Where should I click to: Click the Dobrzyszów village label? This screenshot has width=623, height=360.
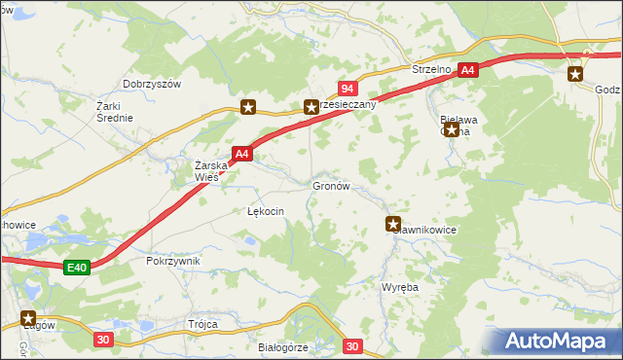click(x=153, y=85)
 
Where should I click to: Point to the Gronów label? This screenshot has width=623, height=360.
click(x=330, y=185)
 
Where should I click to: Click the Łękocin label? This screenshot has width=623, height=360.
click(x=265, y=210)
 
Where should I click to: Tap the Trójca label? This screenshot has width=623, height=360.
click(x=203, y=324)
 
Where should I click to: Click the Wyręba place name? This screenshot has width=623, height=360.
click(x=399, y=288)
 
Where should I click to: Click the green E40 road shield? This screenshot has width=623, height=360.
click(x=78, y=268)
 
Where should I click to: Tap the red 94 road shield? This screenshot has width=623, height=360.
click(x=347, y=89)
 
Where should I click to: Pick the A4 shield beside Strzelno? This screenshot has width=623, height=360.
click(x=468, y=70)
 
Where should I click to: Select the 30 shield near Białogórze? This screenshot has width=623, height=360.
click(x=352, y=345)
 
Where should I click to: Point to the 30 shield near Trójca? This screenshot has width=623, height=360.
click(x=104, y=339)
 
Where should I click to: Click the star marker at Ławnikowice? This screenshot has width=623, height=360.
click(x=393, y=223)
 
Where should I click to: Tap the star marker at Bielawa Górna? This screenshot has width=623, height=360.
click(x=451, y=128)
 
